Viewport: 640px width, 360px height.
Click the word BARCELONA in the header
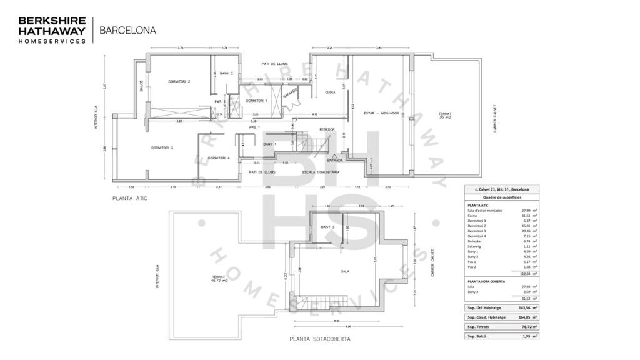tap(127, 29)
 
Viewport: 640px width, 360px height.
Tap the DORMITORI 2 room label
tap(179, 81)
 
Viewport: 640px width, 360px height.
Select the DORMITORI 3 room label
tap(162, 147)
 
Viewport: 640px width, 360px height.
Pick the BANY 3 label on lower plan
tap(327, 227)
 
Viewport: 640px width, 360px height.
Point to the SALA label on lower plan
tap(345, 272)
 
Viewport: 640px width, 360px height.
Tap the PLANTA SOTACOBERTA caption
tap(320, 339)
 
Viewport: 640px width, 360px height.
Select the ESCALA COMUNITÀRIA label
tap(321, 171)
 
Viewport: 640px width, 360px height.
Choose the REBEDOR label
tap(327, 129)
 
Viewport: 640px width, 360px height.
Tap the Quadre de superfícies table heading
tap(498, 197)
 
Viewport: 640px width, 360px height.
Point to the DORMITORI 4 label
tap(219, 158)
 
